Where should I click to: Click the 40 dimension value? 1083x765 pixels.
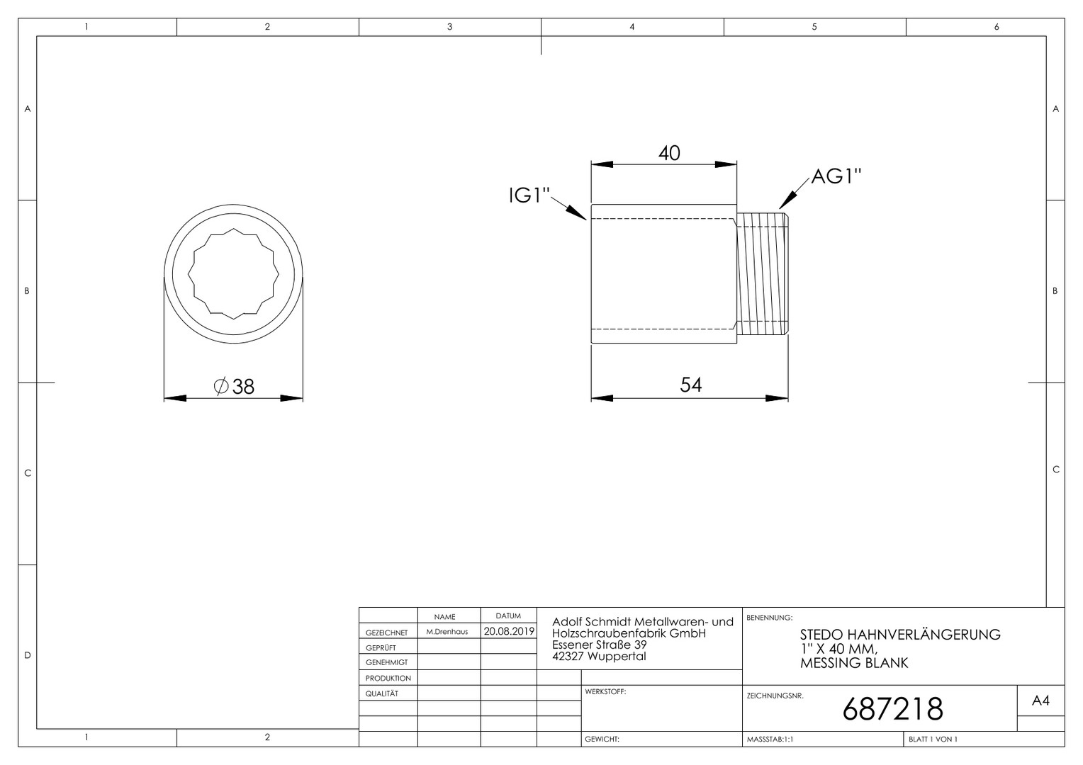pos(669,153)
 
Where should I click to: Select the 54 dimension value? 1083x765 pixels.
pos(690,385)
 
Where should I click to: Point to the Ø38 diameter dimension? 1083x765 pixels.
pos(234,387)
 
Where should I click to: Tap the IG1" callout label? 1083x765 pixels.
pos(529,195)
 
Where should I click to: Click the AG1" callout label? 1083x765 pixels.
pos(836,176)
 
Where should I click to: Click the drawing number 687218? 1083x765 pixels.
pos(892,709)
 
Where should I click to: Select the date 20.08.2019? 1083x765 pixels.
pos(509,631)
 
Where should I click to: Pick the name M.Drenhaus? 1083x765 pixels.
pos(447,632)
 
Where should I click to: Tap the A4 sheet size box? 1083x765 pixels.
pos(1040,701)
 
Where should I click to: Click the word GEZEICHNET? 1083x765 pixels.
pos(386,633)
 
